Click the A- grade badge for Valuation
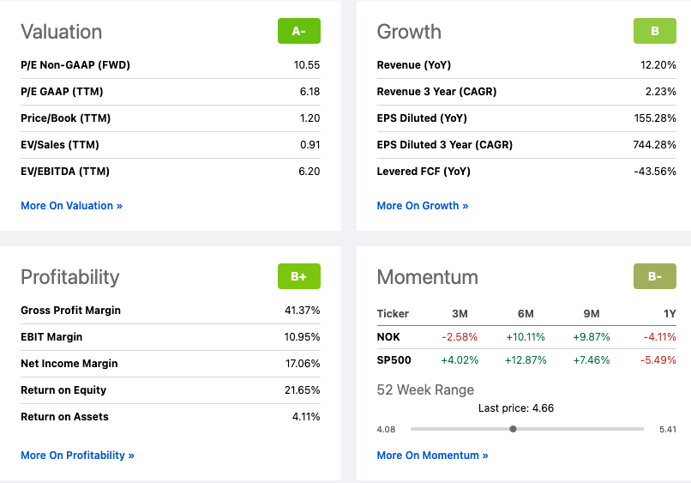[x=298, y=31]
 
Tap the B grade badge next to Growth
[x=655, y=31]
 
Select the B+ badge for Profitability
[x=298, y=276]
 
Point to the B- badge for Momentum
[x=655, y=276]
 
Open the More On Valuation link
[x=71, y=206]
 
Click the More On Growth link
[x=423, y=206]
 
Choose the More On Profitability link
[x=77, y=456]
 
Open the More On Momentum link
[x=432, y=456]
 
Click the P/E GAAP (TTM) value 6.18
[x=309, y=92]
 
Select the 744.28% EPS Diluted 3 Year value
[x=654, y=145]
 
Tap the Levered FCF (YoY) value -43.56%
[x=655, y=172]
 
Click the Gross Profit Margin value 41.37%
[x=302, y=311]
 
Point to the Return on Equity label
[x=63, y=390]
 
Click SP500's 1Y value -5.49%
[x=658, y=360]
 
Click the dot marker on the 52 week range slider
[x=513, y=429]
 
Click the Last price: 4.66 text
[x=515, y=408]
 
